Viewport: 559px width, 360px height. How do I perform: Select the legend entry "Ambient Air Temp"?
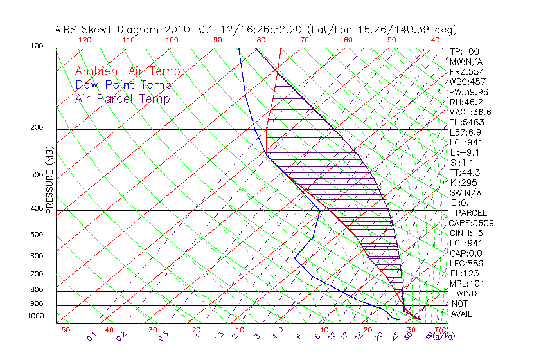click(127, 71)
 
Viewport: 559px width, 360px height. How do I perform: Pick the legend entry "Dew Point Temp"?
click(123, 85)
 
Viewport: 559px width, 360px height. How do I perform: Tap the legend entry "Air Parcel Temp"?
click(122, 98)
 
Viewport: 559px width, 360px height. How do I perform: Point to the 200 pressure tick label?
click(36, 127)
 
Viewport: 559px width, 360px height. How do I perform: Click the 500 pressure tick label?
click(36, 235)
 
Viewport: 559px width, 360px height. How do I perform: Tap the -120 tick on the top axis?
click(82, 40)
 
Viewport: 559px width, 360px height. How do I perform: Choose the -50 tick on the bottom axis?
click(62, 330)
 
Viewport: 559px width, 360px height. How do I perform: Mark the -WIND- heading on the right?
click(467, 293)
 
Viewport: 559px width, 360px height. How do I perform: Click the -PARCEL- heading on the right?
click(471, 213)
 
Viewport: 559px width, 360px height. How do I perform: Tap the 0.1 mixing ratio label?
click(91, 336)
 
